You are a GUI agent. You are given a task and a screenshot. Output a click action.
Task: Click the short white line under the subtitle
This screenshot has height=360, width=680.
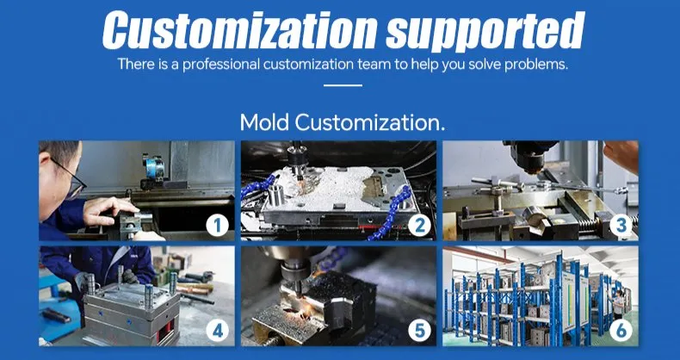342,85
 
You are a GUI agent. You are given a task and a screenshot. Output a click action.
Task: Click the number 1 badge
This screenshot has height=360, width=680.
217,226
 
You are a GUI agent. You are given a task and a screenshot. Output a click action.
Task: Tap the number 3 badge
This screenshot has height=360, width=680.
621,226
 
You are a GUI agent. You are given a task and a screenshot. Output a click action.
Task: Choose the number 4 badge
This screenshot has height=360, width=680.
217,331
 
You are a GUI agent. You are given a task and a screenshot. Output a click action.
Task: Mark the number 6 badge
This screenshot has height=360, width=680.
621,331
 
